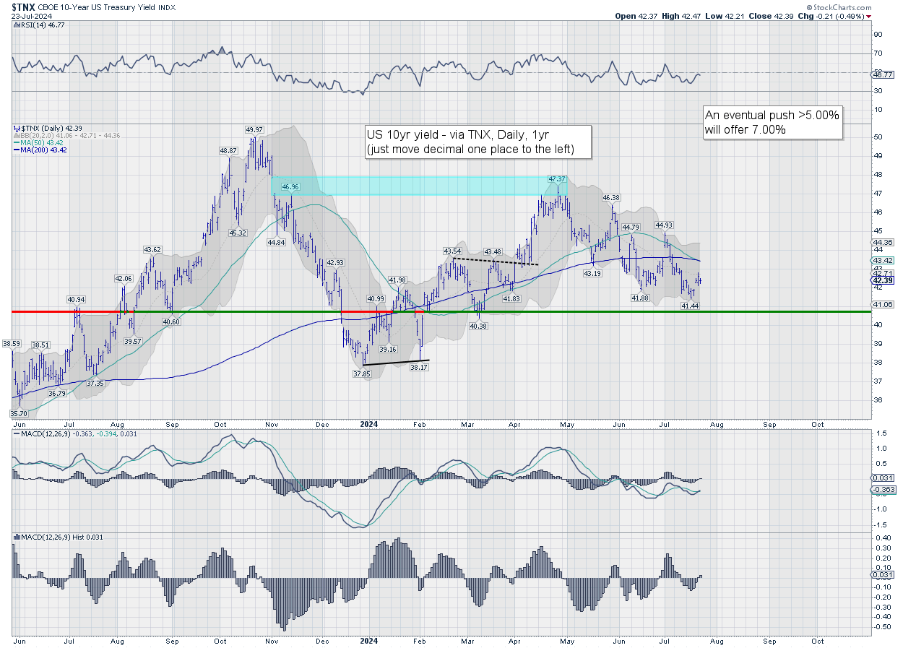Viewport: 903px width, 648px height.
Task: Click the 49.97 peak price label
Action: click(x=254, y=130)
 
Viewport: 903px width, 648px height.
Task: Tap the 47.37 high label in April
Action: click(x=556, y=178)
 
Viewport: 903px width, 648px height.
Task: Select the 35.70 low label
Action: click(x=17, y=413)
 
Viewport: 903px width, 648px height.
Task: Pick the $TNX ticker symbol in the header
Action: click(x=23, y=7)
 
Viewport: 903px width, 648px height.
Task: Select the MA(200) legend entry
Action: click(x=39, y=150)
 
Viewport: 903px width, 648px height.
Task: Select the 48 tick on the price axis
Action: click(x=878, y=174)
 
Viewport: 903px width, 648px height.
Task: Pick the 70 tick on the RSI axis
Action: click(x=878, y=53)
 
